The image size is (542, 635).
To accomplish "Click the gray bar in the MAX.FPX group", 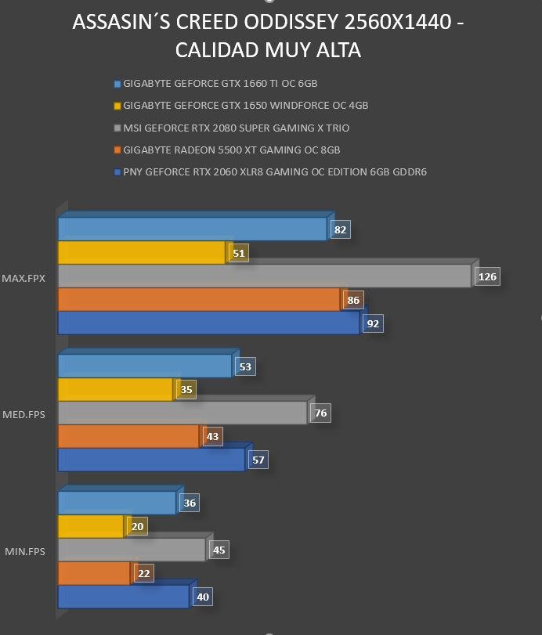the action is (x=265, y=276).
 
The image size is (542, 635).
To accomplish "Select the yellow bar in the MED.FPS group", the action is (x=115, y=390).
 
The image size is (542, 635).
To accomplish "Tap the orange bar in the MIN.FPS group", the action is (x=94, y=573).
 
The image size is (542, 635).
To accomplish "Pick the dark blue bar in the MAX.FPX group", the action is (x=208, y=323).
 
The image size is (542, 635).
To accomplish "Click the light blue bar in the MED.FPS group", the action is (x=145, y=366).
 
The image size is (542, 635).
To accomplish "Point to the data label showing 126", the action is (x=487, y=276).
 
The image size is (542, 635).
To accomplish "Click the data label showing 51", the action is (x=239, y=253).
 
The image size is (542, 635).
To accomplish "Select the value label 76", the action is (x=321, y=413).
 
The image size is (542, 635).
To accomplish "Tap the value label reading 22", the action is (x=144, y=573).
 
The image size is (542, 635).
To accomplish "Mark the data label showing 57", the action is (x=258, y=460).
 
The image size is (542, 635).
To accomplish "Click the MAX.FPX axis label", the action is (x=23, y=278).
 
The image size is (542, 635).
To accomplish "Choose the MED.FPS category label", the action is (x=24, y=414).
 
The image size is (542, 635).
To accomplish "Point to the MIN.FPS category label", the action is (x=25, y=551).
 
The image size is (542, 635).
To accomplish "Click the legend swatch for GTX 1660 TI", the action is (x=117, y=84).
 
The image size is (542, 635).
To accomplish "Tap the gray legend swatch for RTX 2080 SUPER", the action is (x=117, y=128).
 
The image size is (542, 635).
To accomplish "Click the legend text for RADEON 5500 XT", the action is (x=232, y=150).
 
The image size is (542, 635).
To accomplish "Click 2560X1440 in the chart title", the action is (x=398, y=22).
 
